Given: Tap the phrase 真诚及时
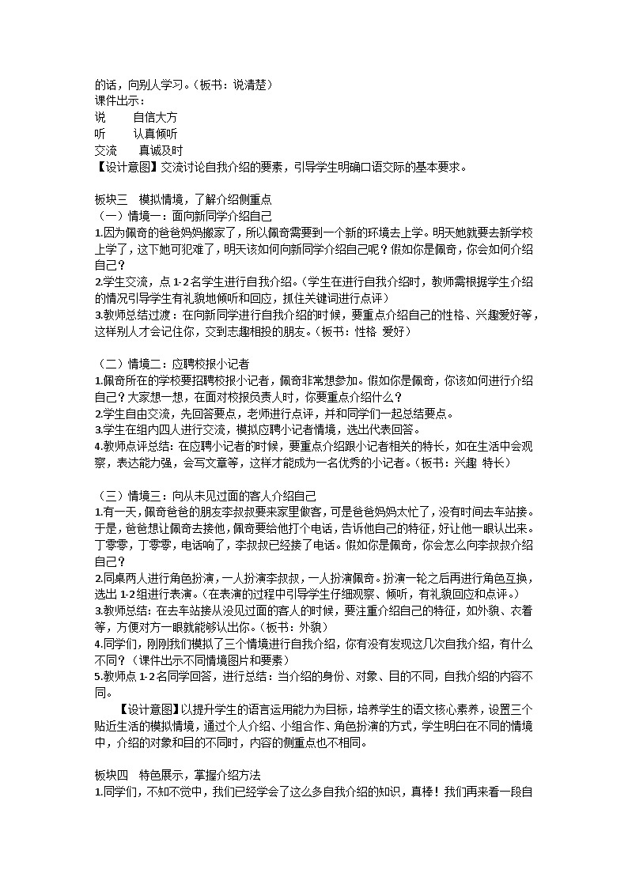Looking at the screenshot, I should coord(161,150).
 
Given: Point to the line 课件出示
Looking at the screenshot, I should coord(119,100).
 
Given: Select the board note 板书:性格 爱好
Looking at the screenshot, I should coord(364,332).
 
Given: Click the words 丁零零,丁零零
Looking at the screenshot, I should coord(139,545).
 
